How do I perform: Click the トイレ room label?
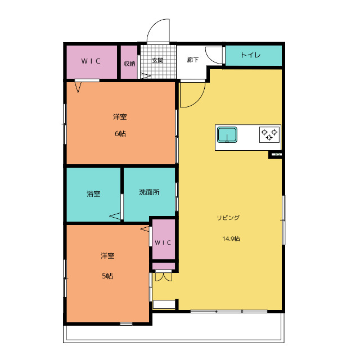click(x=250, y=55)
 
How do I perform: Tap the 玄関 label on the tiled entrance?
click(x=157, y=60)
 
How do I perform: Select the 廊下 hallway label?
click(x=193, y=60)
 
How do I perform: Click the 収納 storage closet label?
click(x=129, y=64)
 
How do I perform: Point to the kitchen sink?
click(x=227, y=134)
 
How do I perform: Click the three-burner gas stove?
click(x=269, y=134)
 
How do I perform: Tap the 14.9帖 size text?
click(x=231, y=238)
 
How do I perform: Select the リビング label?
click(x=228, y=218)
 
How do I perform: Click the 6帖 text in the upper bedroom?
click(x=120, y=134)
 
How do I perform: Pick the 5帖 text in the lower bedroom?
click(x=107, y=276)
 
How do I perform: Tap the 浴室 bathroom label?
click(x=93, y=193)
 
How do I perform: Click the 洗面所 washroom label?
click(x=149, y=192)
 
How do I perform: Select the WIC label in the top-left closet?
click(x=91, y=61)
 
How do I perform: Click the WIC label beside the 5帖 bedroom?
click(x=163, y=242)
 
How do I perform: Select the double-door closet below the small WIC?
click(x=164, y=276)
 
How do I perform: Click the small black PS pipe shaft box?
click(x=275, y=155)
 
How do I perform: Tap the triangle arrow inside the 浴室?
click(x=115, y=216)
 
